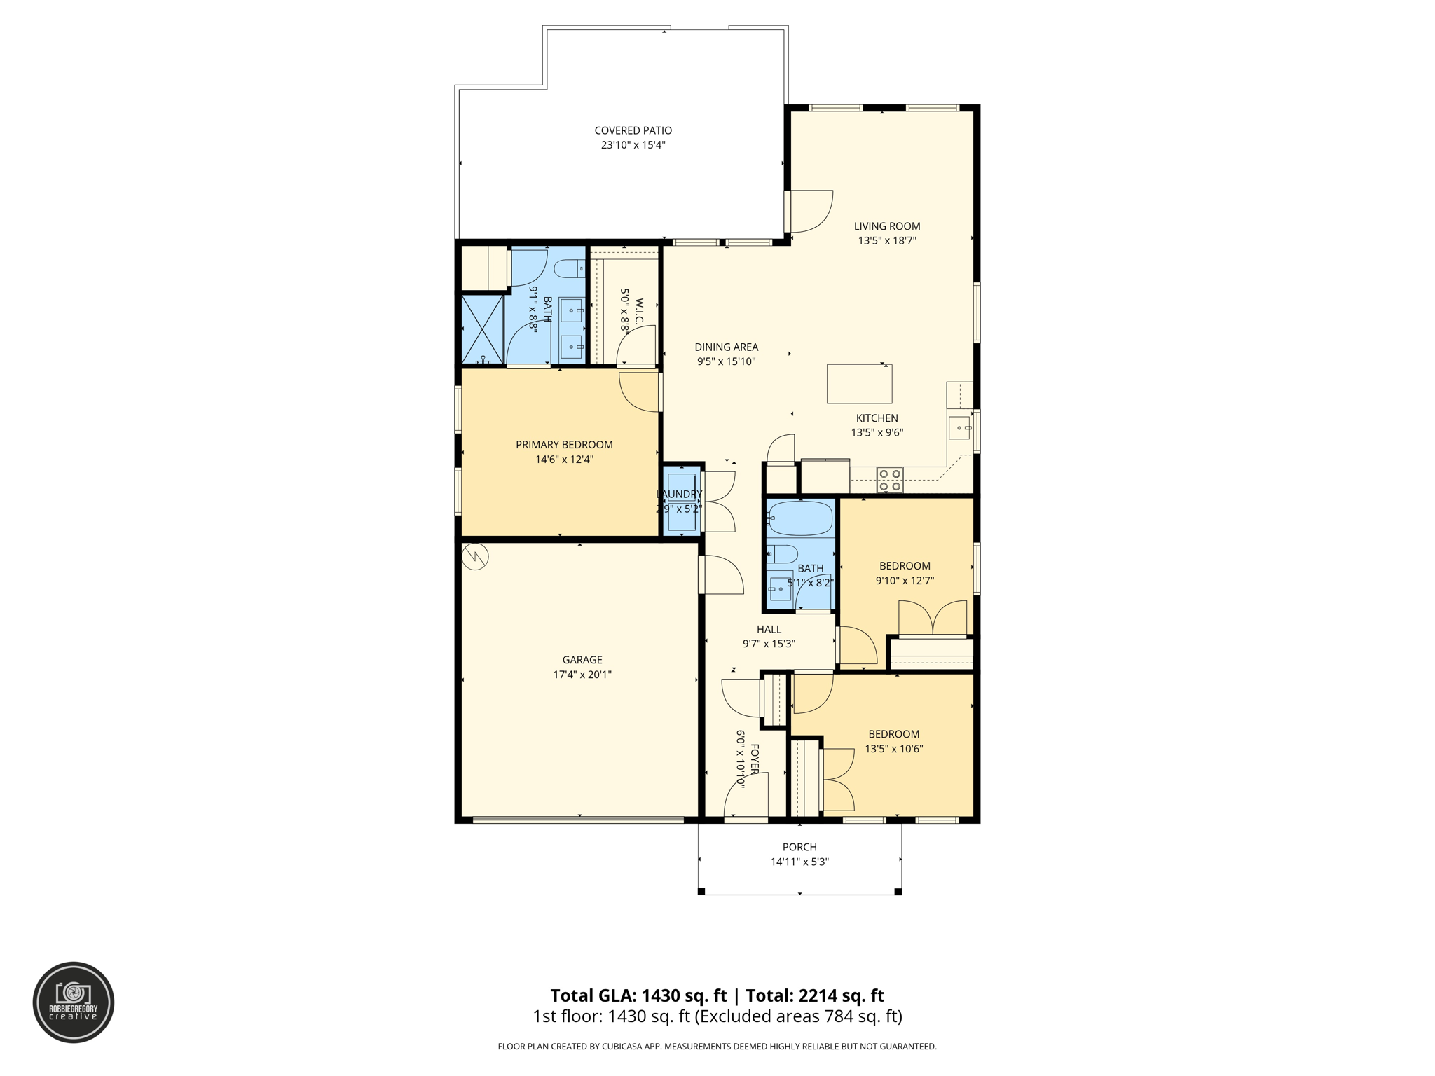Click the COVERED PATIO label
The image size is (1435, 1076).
633,130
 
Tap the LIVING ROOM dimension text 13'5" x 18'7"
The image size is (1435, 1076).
886,241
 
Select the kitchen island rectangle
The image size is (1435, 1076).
859,384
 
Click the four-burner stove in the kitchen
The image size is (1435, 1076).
890,480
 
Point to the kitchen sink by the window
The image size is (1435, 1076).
959,427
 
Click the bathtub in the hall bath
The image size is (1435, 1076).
800,518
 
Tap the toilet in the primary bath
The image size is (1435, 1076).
569,268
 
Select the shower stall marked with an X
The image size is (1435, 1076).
482,329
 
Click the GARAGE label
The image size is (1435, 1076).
582,660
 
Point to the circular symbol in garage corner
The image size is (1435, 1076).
475,557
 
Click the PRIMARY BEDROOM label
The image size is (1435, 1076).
564,445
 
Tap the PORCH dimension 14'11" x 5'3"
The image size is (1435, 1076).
799,862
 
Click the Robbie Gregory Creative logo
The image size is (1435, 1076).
74,1002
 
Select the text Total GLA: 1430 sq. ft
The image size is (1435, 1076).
638,995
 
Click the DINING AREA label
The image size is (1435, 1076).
726,347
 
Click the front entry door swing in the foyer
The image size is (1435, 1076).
746,795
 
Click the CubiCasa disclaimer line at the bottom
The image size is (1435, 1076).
717,1047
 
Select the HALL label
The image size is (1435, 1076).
769,630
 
